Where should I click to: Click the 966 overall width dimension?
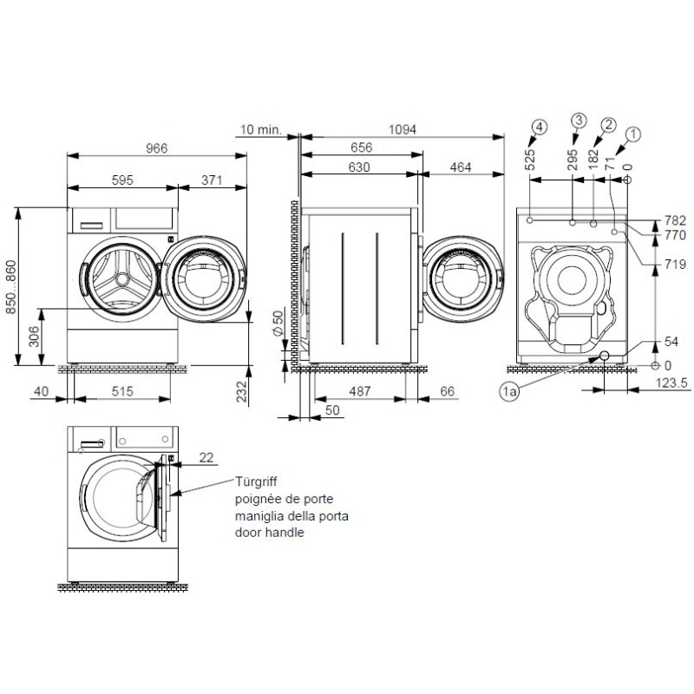click(x=156, y=148)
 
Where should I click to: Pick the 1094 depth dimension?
click(x=402, y=130)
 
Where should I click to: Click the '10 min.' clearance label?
click(x=259, y=130)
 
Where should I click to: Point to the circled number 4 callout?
click(x=540, y=128)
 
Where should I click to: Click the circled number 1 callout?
click(x=633, y=134)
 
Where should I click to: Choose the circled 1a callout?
click(x=510, y=393)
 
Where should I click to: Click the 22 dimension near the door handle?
click(x=205, y=457)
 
